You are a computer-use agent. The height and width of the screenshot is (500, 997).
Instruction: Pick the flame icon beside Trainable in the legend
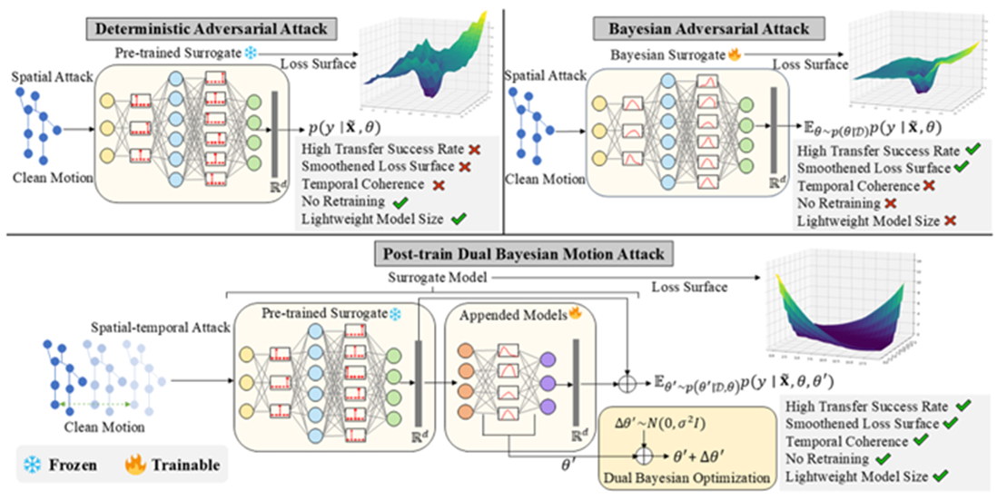pyautogui.click(x=134, y=464)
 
